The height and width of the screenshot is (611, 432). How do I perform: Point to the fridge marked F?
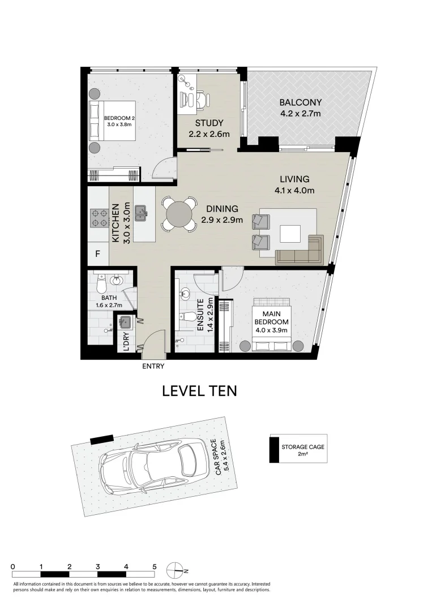click(x=97, y=254)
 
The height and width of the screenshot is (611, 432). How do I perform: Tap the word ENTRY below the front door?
click(x=153, y=367)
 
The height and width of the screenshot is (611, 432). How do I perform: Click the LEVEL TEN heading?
click(x=199, y=391)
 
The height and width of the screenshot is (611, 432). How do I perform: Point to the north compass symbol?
click(x=176, y=569)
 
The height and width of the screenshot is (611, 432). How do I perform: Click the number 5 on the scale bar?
click(x=154, y=566)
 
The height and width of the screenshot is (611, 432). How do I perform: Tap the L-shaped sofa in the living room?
click(x=299, y=250)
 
